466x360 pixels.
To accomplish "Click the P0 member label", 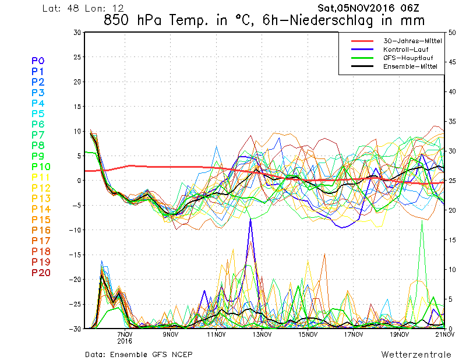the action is (38, 61).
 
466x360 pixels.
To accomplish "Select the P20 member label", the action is (41, 273).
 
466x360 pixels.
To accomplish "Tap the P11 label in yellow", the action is (41, 178).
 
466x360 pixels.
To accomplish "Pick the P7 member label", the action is (38, 135).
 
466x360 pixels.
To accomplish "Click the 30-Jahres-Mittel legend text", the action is (412, 41).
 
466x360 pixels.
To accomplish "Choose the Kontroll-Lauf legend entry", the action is (405, 50).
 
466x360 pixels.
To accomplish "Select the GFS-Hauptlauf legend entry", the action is (408, 58).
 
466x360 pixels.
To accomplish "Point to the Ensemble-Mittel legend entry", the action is (410, 66).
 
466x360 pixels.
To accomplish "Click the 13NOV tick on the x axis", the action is (262, 334).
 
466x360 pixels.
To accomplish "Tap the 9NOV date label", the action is (170, 334).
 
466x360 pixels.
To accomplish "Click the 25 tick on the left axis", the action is (77, 57).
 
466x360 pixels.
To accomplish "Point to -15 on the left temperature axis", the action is (75, 255).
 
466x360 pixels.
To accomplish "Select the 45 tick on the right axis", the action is (452, 62).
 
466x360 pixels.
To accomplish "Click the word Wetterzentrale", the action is (416, 354).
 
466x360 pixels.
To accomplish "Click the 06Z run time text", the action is (409, 8).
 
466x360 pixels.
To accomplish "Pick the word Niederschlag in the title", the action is (331, 21).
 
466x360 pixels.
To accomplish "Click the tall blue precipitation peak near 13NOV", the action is (250, 220).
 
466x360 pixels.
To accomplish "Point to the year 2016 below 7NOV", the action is (125, 341).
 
